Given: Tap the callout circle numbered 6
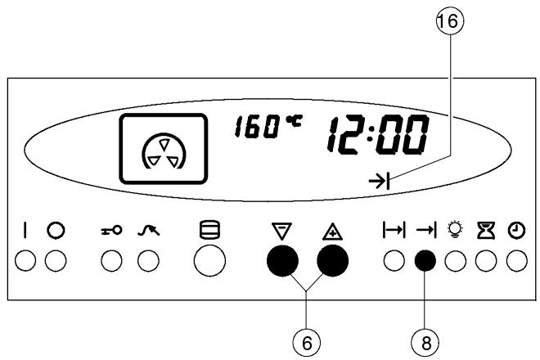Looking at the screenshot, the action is [x=306, y=343].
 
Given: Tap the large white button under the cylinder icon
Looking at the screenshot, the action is [x=209, y=263].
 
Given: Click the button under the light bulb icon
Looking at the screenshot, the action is [x=454, y=263].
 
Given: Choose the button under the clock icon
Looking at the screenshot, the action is [x=515, y=263].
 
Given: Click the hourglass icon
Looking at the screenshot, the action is [x=485, y=232].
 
